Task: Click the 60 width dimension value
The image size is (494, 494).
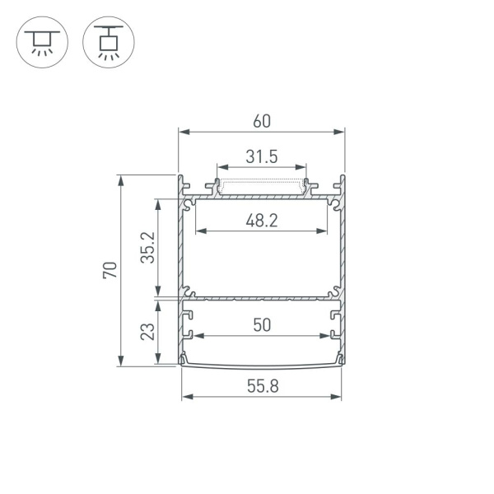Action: (x=261, y=120)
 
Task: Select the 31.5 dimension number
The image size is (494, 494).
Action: (x=261, y=156)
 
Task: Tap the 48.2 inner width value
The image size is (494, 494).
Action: (x=261, y=221)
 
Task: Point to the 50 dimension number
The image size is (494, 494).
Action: (x=261, y=325)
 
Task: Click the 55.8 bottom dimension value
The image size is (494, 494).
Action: (x=261, y=384)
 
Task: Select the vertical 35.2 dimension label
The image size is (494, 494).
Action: (x=147, y=246)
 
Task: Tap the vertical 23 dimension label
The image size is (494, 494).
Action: (x=147, y=331)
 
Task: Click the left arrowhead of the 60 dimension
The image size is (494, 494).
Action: (x=183, y=132)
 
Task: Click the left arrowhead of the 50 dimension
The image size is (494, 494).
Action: (x=198, y=336)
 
